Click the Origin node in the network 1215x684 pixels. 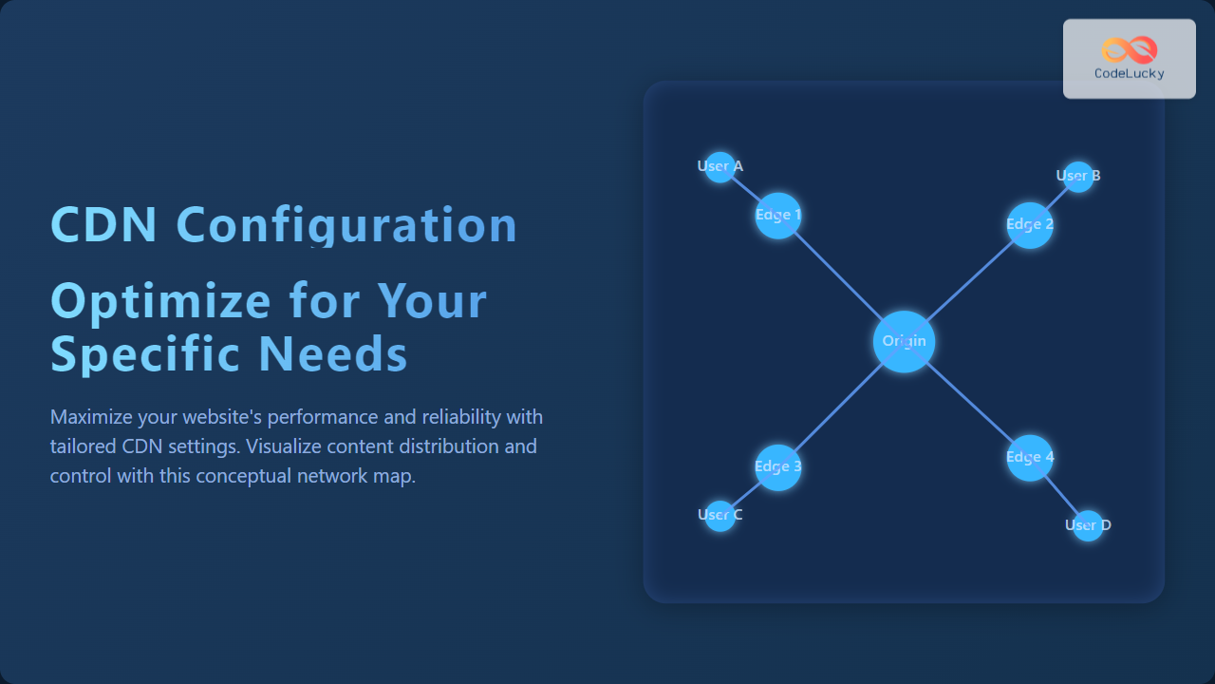(904, 341)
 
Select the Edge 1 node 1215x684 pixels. (777, 216)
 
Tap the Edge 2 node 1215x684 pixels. (1030, 225)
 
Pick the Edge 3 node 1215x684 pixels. (777, 467)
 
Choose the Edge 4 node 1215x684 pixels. (1030, 458)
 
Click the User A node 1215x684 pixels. (720, 167)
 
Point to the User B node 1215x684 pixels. (1077, 177)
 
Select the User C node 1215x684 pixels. (720, 516)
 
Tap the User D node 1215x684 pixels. (1088, 525)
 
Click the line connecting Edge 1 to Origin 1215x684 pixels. (838, 275)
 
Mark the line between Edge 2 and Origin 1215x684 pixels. (969, 280)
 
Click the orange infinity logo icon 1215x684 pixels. (1130, 50)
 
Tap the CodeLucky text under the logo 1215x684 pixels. (1130, 74)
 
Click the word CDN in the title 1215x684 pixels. (103, 225)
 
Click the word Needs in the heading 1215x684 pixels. (332, 354)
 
